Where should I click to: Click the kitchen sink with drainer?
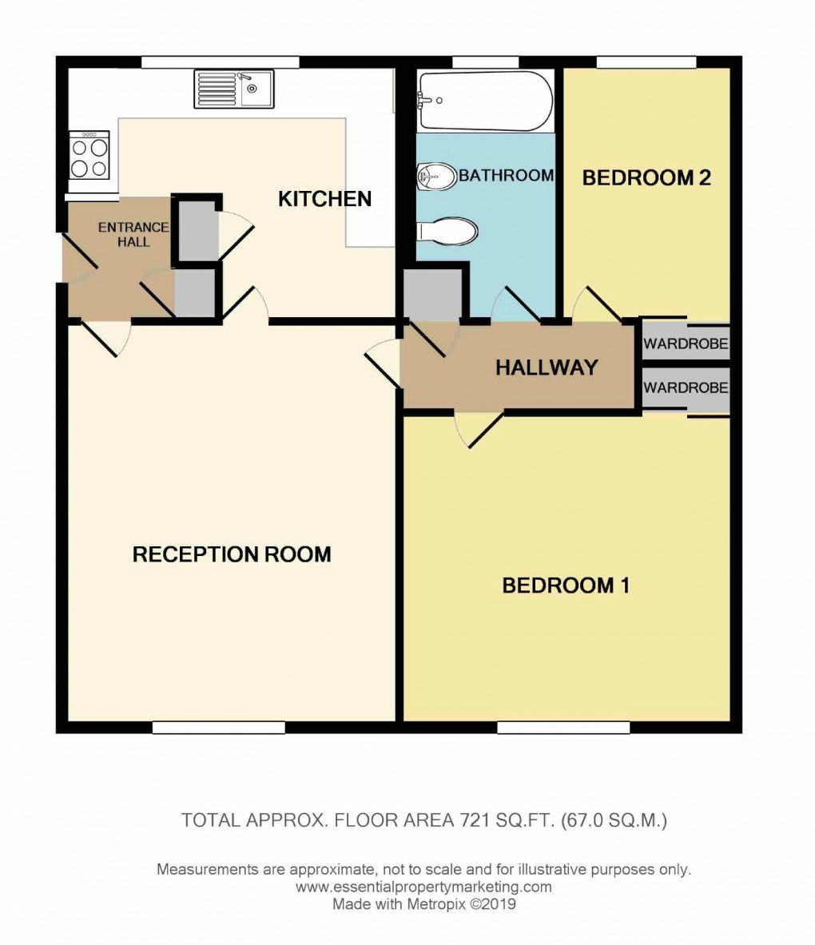[x=234, y=89]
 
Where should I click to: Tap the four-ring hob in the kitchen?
[x=89, y=155]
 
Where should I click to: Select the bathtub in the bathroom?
[x=485, y=101]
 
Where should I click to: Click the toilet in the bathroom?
[x=447, y=232]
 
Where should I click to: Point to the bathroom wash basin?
[x=436, y=177]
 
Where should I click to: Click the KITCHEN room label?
[x=325, y=199]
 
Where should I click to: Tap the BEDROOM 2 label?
[x=646, y=178]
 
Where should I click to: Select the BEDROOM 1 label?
[x=566, y=586]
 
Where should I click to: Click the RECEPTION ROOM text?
[x=232, y=554]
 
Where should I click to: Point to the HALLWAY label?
[x=547, y=367]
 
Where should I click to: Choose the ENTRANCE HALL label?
[x=133, y=234]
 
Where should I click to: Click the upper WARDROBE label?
[x=686, y=344]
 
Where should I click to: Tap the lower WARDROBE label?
[x=686, y=387]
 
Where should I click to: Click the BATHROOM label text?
[x=507, y=176]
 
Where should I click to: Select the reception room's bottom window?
[x=219, y=728]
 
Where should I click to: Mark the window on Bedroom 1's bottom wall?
[x=563, y=728]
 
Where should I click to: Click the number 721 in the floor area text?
[x=474, y=820]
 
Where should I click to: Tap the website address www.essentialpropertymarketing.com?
[x=423, y=887]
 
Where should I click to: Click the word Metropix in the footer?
[x=435, y=904]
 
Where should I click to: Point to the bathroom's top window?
[x=485, y=62]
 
